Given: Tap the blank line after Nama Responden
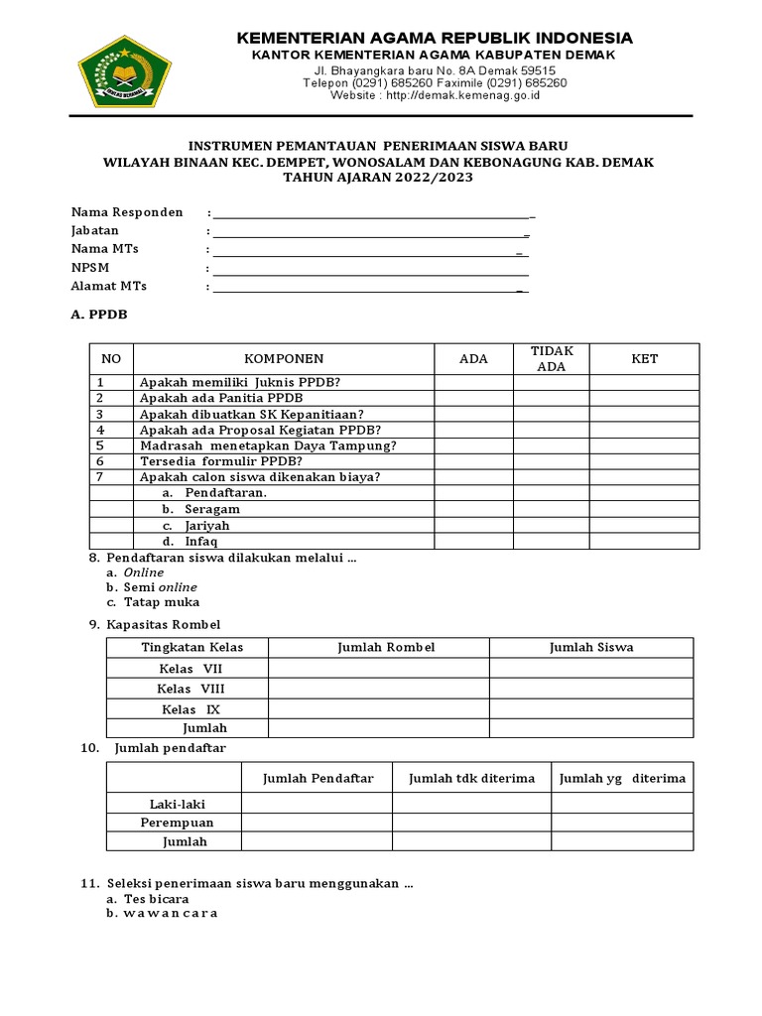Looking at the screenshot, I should (x=372, y=213).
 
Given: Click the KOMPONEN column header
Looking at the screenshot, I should (x=284, y=359).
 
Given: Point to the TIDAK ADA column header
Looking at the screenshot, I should (x=551, y=359).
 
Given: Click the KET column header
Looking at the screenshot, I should (x=645, y=359).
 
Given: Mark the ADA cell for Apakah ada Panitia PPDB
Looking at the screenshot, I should (x=473, y=398).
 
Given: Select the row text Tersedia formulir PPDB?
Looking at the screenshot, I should (x=220, y=461).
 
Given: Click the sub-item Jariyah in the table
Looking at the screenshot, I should (x=206, y=525).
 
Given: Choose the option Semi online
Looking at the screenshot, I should (x=160, y=587).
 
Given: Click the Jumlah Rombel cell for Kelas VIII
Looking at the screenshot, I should (x=378, y=689).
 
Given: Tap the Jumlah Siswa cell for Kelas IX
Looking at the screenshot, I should (x=591, y=709).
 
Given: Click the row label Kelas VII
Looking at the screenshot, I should (x=190, y=669).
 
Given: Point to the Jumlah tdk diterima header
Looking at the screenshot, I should (x=471, y=779).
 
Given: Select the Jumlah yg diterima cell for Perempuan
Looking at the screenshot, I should (x=622, y=823).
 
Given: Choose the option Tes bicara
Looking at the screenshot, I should (x=156, y=899).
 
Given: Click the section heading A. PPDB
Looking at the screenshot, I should (x=99, y=316).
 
